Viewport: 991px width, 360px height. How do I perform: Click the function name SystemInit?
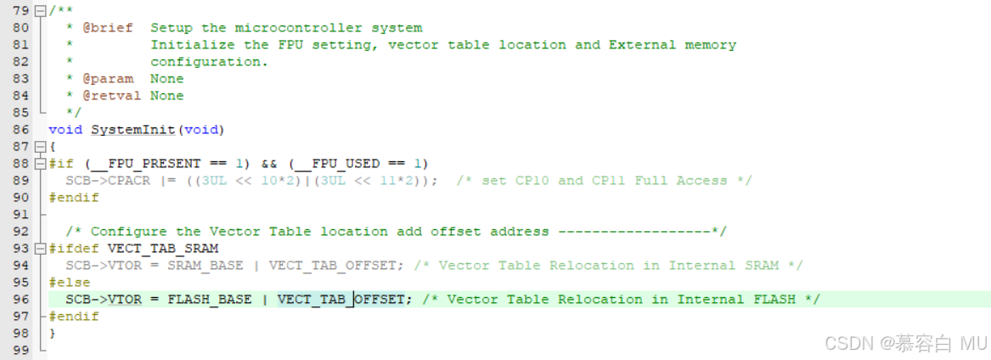[x=133, y=130]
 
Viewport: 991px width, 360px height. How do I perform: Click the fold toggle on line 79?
[x=40, y=11]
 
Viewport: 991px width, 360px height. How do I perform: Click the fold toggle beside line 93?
[x=40, y=249]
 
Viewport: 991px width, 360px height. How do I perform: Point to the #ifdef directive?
[x=74, y=249]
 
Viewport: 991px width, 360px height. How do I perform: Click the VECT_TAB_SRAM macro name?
[x=163, y=249]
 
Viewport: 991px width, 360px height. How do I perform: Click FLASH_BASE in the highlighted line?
[x=209, y=300]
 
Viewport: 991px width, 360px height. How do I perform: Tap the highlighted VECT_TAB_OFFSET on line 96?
[x=341, y=300]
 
